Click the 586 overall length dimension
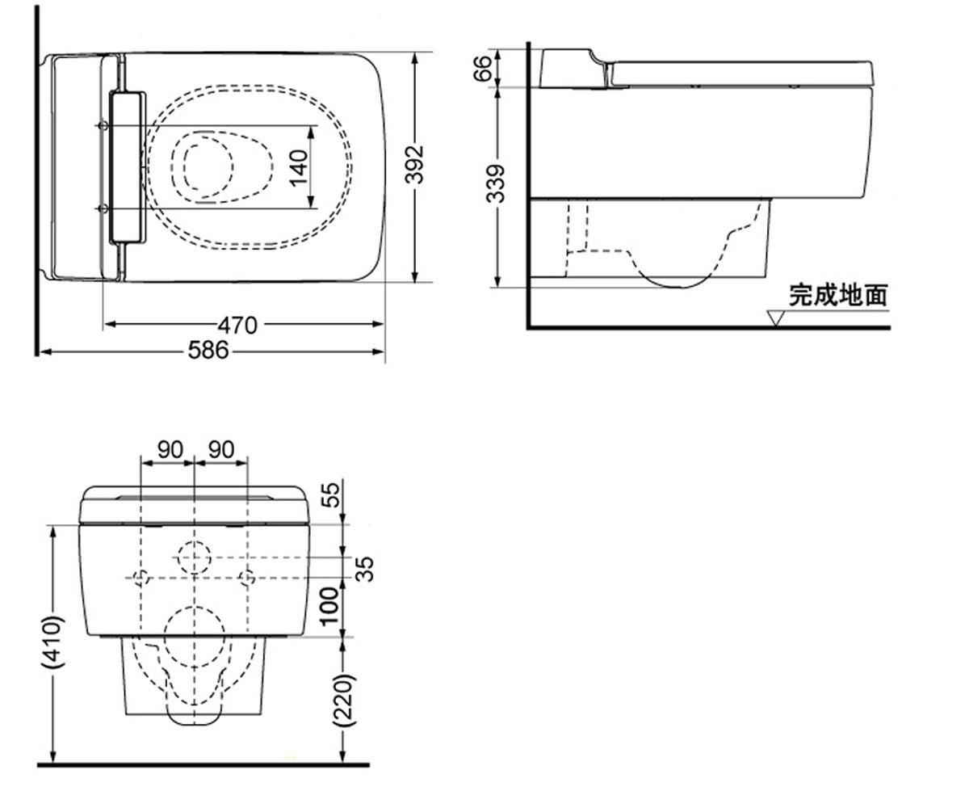pos(208,350)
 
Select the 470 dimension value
pos(237,325)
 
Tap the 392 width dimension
pos(414,165)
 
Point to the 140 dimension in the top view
pos(299,167)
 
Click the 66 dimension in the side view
pos(484,68)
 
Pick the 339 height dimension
pos(496,183)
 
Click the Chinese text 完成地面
pos(838,296)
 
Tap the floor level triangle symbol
pos(775,318)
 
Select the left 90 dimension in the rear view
pos(170,449)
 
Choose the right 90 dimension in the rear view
pos(221,449)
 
